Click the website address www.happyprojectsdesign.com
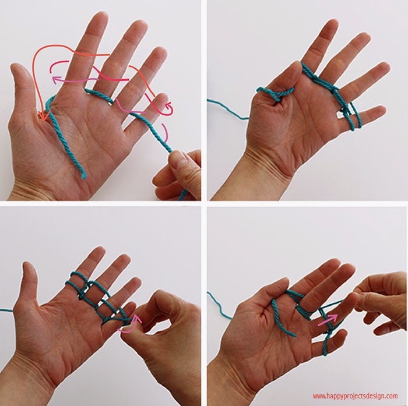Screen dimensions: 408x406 355,396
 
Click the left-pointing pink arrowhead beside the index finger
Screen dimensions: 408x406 56,80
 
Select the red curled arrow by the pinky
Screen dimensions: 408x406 169,109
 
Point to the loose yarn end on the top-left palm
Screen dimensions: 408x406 83,176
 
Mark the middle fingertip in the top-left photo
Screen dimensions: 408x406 100,17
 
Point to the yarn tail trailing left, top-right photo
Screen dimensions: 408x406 228,110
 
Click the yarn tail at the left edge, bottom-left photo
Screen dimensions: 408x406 6,309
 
